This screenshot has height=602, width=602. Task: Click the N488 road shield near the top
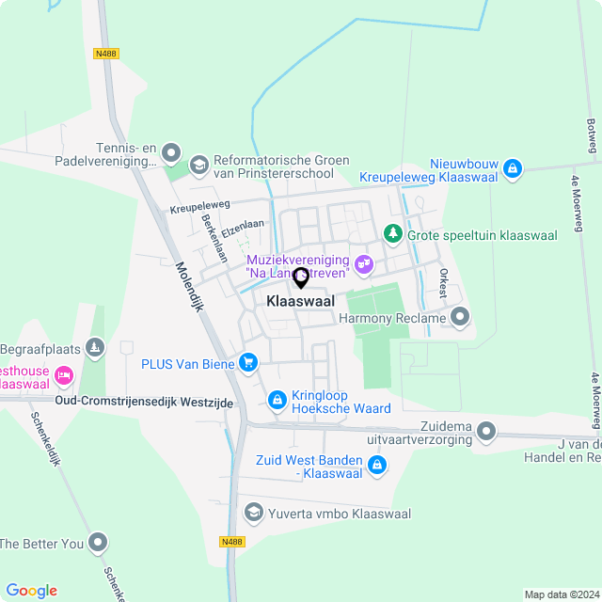(106, 54)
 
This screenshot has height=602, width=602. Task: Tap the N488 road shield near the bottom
(231, 541)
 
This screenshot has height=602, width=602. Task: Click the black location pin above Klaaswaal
(301, 278)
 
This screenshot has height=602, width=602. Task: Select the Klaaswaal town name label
(300, 302)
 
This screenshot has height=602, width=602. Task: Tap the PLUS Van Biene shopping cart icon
(248, 362)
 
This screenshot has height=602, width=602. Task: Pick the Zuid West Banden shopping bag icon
(376, 465)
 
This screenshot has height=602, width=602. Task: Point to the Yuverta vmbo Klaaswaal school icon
(253, 513)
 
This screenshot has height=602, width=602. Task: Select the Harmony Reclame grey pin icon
(459, 318)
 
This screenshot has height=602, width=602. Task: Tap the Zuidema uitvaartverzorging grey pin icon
(486, 432)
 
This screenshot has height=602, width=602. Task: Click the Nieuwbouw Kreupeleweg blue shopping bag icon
(512, 169)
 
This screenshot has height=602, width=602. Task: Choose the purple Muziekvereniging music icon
(364, 265)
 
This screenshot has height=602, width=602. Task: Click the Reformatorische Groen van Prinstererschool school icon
(198, 166)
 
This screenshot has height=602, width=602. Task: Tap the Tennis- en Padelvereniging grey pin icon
(170, 152)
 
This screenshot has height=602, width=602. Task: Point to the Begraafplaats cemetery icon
(94, 349)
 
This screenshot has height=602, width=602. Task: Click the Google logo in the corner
(31, 590)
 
